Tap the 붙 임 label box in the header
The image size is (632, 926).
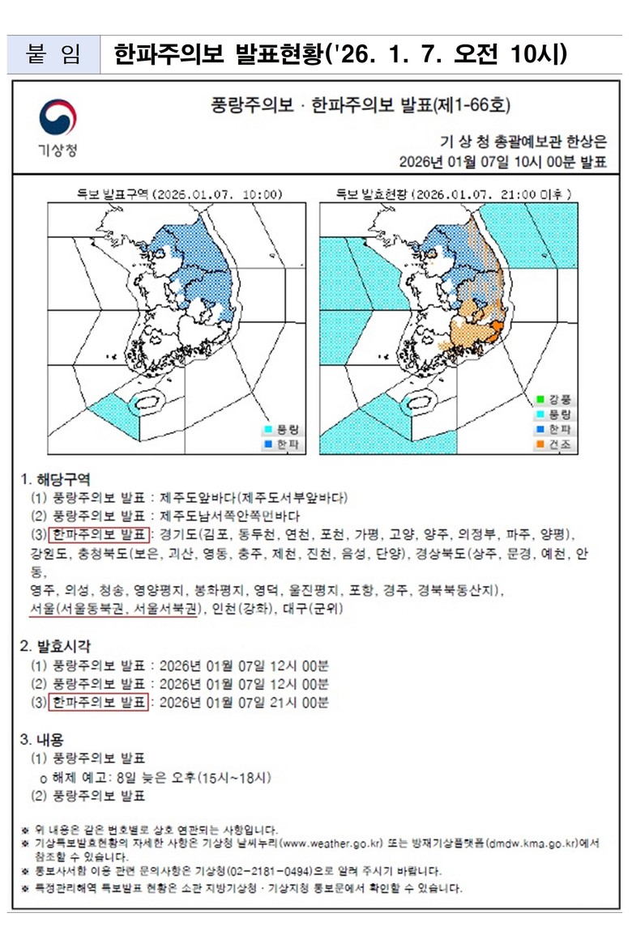point(53,54)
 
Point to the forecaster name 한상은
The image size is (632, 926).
point(582,140)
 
